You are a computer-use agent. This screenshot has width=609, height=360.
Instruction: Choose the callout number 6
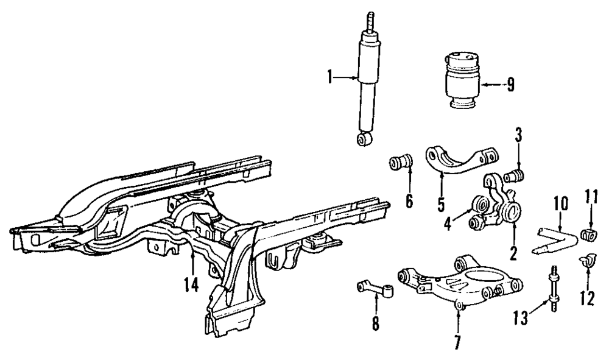point(409,200)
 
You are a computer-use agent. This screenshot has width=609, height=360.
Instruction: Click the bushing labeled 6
point(401,163)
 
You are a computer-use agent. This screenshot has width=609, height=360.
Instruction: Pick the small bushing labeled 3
point(518,175)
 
